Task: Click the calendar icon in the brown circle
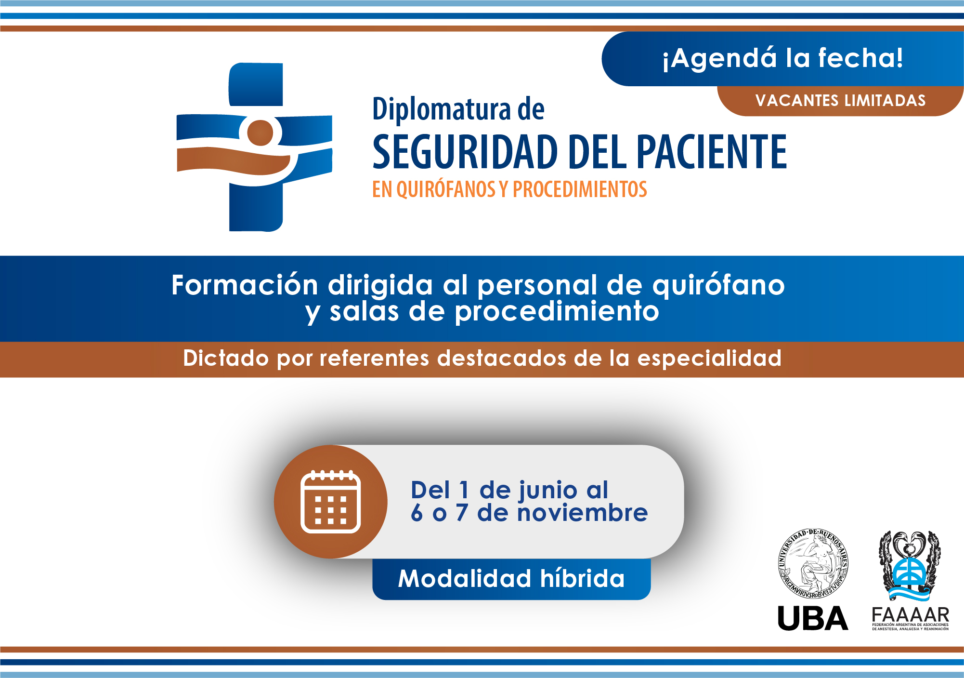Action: point(330,502)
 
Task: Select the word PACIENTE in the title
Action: point(712,152)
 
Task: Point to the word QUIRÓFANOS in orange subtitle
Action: point(446,189)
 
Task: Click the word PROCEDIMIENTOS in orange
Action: point(580,189)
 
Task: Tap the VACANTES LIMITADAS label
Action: point(840,100)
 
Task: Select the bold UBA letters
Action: point(813,618)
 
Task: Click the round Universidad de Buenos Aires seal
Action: point(814,564)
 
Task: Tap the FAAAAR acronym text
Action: point(910,615)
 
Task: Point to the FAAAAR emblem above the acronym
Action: point(910,566)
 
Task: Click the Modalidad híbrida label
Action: point(511,579)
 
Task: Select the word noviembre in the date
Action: point(583,513)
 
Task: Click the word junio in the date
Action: point(548,491)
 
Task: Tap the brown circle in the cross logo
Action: point(260,133)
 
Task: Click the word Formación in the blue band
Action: point(245,285)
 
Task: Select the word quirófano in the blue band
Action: point(718,286)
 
